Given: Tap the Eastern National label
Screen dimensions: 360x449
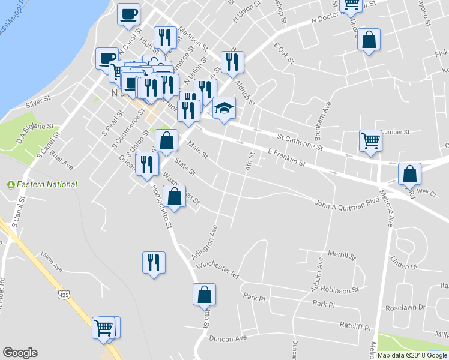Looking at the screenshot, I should click(x=46, y=185).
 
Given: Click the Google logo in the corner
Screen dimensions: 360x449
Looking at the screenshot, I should click(x=20, y=353).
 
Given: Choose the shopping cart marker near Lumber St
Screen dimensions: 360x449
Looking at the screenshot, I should click(x=370, y=140).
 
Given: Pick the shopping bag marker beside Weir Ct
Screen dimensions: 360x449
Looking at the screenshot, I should click(x=409, y=174).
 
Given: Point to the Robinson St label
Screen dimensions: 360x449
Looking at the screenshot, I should click(x=339, y=290).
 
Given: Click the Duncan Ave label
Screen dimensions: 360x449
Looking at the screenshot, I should click(x=228, y=338).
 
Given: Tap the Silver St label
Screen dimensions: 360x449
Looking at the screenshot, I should click(x=37, y=104).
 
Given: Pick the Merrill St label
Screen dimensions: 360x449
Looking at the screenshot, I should click(x=342, y=255).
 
